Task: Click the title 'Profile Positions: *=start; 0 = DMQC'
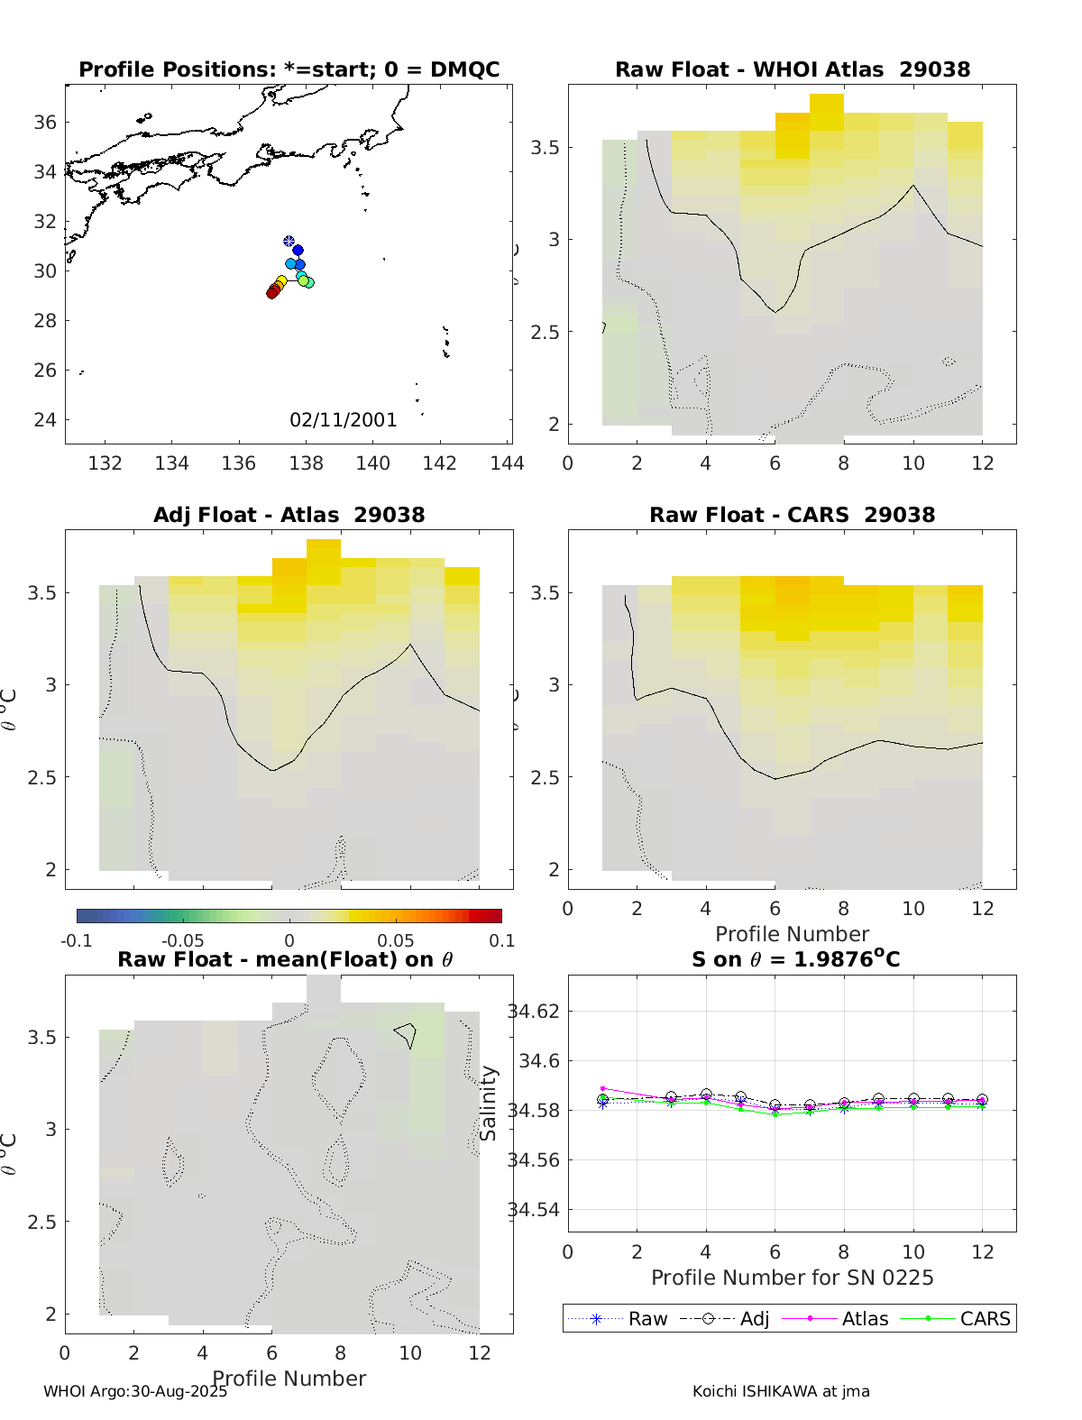click(x=289, y=69)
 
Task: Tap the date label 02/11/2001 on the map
click(x=343, y=419)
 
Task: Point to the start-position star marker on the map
click(x=289, y=241)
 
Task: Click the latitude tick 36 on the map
click(x=45, y=122)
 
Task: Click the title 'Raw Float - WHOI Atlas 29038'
click(x=792, y=69)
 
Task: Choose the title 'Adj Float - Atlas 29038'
click(x=289, y=515)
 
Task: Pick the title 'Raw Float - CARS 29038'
click(x=792, y=515)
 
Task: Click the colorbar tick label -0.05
click(x=182, y=940)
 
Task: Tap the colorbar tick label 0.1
click(x=501, y=940)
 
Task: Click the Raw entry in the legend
click(x=647, y=1318)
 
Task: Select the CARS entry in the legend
click(x=985, y=1318)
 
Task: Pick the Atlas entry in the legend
click(x=865, y=1318)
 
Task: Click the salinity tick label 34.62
click(x=534, y=1011)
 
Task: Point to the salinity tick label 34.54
click(x=534, y=1210)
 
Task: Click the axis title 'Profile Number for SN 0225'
click(x=792, y=1278)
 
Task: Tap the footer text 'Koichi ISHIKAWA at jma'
click(x=781, y=1391)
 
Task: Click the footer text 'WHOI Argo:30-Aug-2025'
click(x=135, y=1391)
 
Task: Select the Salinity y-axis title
click(x=489, y=1103)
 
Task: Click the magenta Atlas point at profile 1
click(x=602, y=1088)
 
